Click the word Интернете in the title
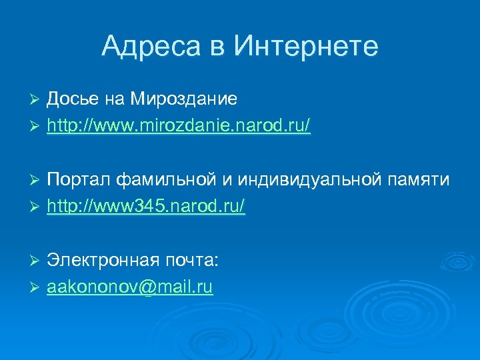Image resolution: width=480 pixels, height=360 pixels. point(306,46)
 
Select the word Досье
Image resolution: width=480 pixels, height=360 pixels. point(73,99)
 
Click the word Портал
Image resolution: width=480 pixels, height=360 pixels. point(79,180)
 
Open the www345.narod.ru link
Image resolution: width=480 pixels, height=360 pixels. point(146,207)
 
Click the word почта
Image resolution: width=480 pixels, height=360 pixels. point(190,261)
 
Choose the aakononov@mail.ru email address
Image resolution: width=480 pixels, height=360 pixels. point(130,287)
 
